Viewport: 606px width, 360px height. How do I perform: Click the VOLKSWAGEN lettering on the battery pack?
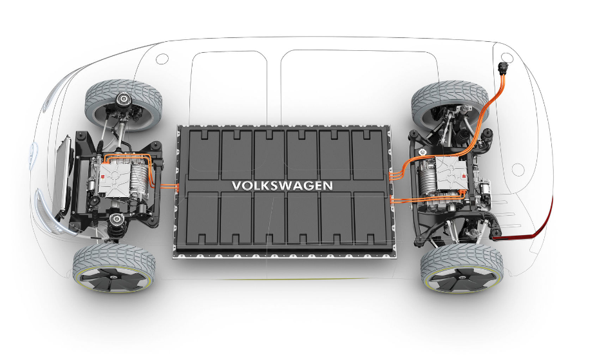pos(282,185)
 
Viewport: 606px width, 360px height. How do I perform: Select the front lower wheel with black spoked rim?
pos(114,269)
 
